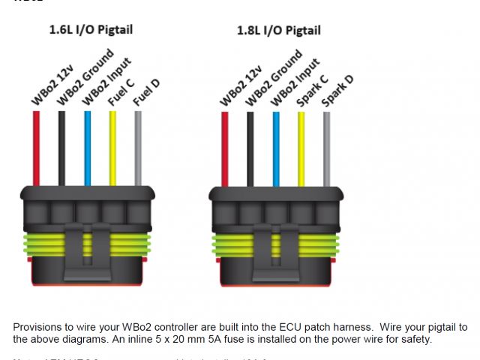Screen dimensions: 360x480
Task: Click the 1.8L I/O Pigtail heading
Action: tap(278, 30)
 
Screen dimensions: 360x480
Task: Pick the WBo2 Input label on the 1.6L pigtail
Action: tap(106, 80)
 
